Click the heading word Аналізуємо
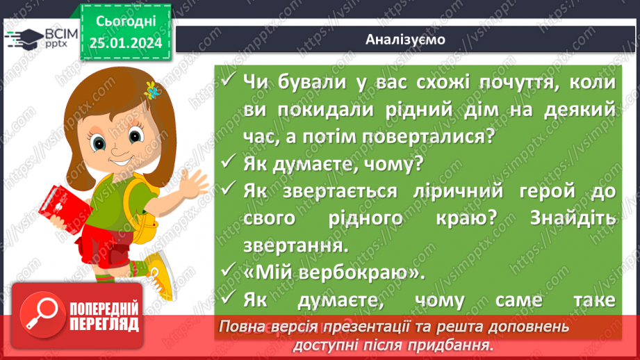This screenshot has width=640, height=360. [x=405, y=40]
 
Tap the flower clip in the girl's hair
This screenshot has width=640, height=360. [x=151, y=90]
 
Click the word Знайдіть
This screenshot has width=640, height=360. [x=575, y=218]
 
